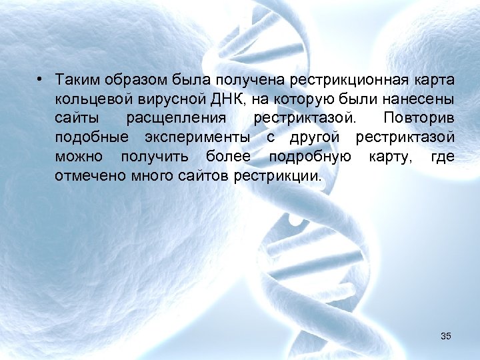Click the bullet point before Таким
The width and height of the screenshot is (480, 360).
tap(41, 80)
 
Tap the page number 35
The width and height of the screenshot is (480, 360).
tap(446, 337)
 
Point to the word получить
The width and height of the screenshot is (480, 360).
tap(150, 157)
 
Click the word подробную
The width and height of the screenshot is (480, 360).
tap(310, 157)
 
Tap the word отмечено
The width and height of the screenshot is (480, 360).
tap(86, 177)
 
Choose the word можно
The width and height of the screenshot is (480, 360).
tap(79, 157)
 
